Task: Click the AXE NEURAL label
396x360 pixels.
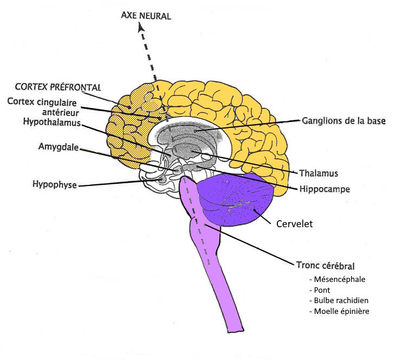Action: pyautogui.click(x=146, y=16)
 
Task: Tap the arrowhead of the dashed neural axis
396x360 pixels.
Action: pyautogui.click(x=141, y=28)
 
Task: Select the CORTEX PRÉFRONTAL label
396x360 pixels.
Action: pyautogui.click(x=58, y=87)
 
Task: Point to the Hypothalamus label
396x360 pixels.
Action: pyautogui.click(x=52, y=122)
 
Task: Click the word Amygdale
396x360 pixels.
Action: pyautogui.click(x=59, y=146)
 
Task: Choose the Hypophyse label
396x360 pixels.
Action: pyautogui.click(x=55, y=184)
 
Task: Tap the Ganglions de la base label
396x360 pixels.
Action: pyautogui.click(x=343, y=121)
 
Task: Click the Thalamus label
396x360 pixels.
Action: pyautogui.click(x=319, y=173)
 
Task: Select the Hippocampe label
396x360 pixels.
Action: pyautogui.click(x=325, y=189)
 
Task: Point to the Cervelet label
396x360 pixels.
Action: pyautogui.click(x=295, y=224)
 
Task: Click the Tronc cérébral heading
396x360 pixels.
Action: pyautogui.click(x=326, y=266)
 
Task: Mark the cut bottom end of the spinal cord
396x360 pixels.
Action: pyautogui.click(x=236, y=330)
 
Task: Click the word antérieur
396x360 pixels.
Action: pyautogui.click(x=61, y=112)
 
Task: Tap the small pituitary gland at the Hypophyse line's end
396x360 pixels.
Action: pyautogui.click(x=162, y=179)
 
